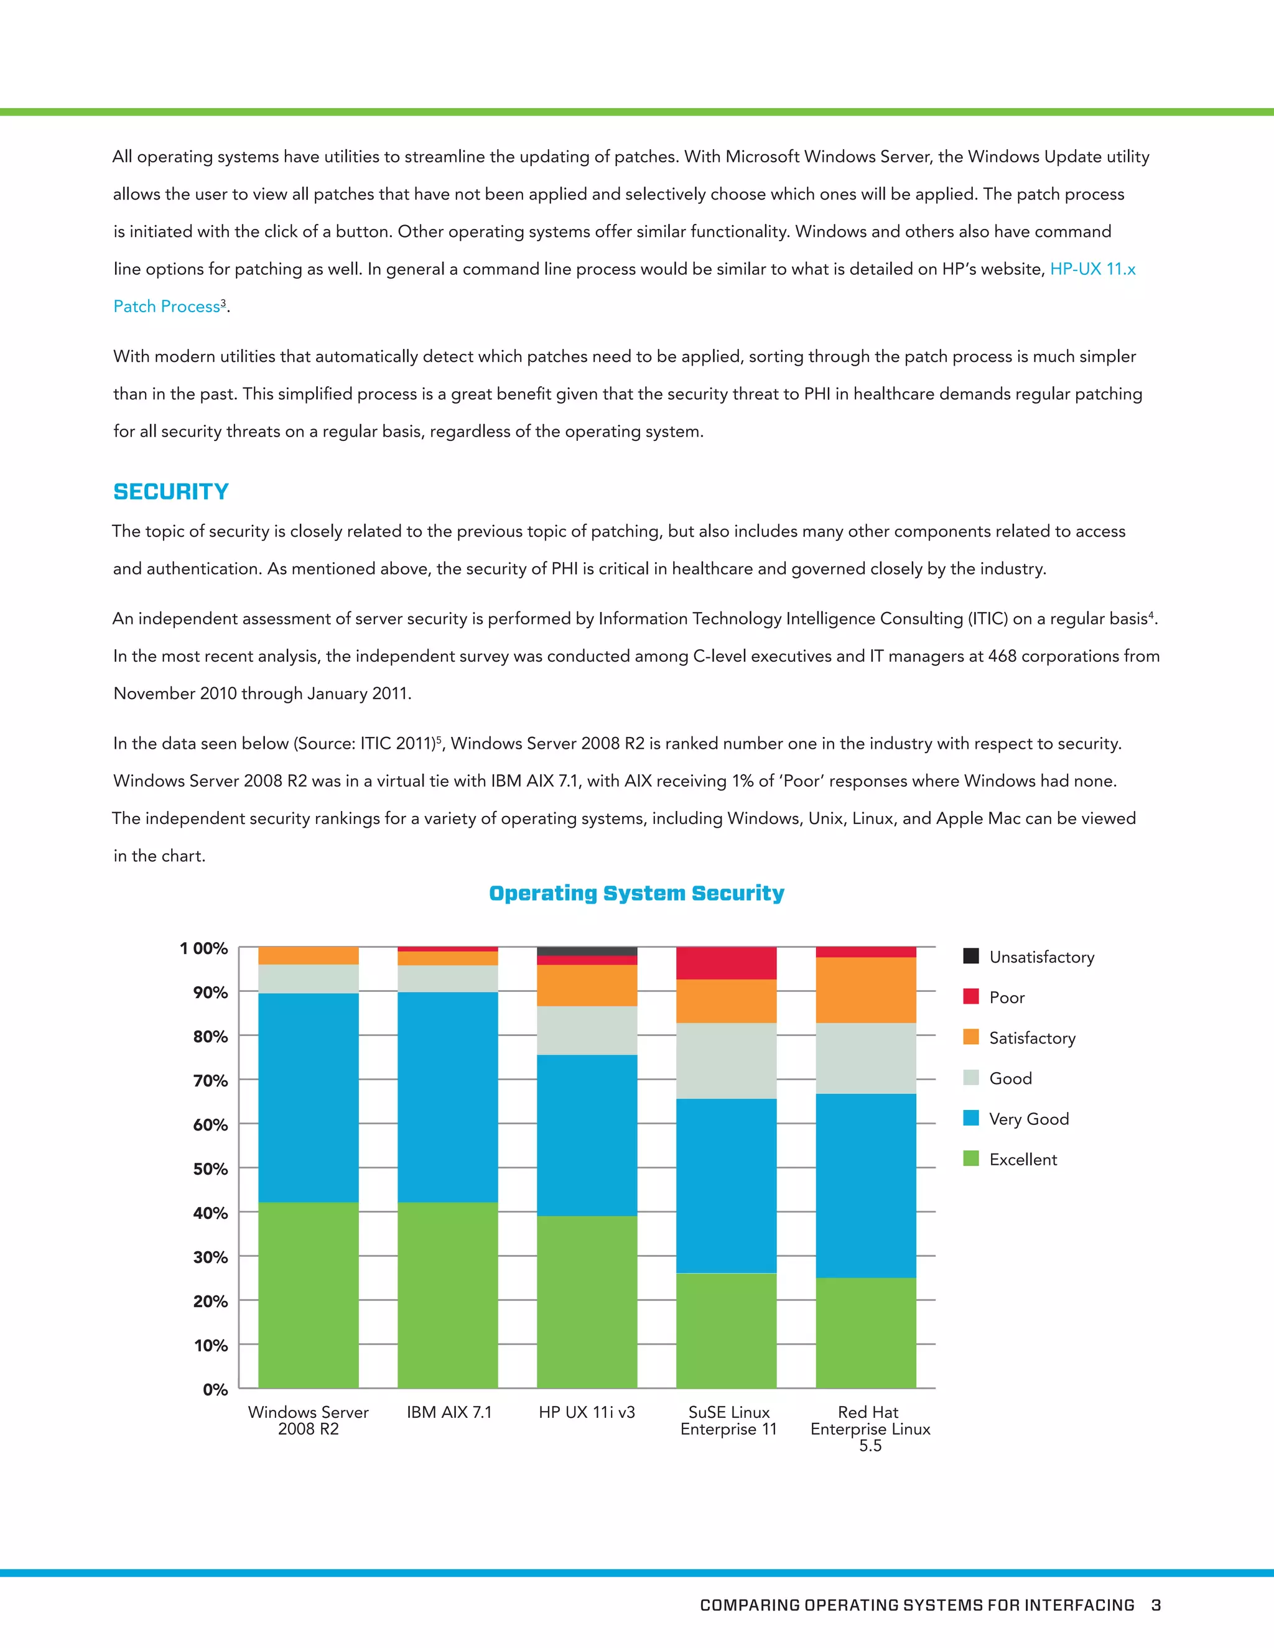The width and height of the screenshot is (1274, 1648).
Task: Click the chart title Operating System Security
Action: pos(636,894)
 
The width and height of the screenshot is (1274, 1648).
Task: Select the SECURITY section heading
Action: pos(170,492)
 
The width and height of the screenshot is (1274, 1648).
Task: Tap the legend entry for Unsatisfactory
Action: pos(1041,957)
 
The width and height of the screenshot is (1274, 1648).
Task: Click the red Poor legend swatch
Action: pos(970,997)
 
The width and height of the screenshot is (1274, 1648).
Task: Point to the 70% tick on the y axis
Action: pos(211,1081)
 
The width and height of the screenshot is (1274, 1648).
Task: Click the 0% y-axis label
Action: pos(215,1390)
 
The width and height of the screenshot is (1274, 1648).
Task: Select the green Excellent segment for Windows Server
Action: pos(308,1294)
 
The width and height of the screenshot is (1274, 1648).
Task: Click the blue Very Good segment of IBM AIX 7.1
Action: pos(447,1096)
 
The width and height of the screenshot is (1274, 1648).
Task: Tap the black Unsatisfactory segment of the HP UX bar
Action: pos(587,951)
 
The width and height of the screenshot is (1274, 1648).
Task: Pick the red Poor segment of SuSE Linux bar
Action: pos(726,963)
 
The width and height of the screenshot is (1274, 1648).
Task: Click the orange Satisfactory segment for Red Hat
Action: pos(866,990)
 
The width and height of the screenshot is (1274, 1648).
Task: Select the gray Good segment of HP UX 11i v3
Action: pos(587,1030)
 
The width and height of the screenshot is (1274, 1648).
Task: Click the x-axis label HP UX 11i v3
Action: pos(587,1412)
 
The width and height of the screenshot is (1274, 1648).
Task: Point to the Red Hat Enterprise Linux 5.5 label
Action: pos(870,1429)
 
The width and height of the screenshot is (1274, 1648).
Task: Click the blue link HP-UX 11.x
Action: pos(1092,269)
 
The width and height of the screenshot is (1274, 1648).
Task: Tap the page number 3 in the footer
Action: pos(1156,1605)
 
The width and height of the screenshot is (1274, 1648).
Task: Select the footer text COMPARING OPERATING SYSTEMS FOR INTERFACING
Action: pos(916,1605)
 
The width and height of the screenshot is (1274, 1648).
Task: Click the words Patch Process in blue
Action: pos(167,307)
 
